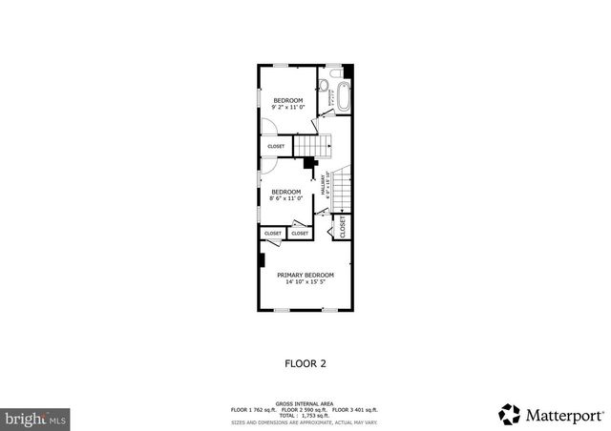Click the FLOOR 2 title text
pyautogui.click(x=305, y=362)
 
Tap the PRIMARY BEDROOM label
pyautogui.click(x=305, y=275)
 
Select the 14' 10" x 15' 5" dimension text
pyautogui.click(x=305, y=282)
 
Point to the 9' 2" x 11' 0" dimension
pyautogui.click(x=287, y=108)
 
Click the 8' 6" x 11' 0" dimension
pyautogui.click(x=286, y=198)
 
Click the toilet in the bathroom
pyautogui.click(x=324, y=87)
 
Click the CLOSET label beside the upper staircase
pyautogui.click(x=276, y=146)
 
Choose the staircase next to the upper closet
pyautogui.click(x=313, y=145)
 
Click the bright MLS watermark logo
pyautogui.click(x=35, y=418)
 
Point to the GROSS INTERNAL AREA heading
pyautogui.click(x=305, y=403)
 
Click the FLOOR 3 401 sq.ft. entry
pyautogui.click(x=359, y=409)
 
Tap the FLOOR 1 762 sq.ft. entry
pyautogui.click(x=252, y=409)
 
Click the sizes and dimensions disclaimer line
pyautogui.click(x=305, y=421)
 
